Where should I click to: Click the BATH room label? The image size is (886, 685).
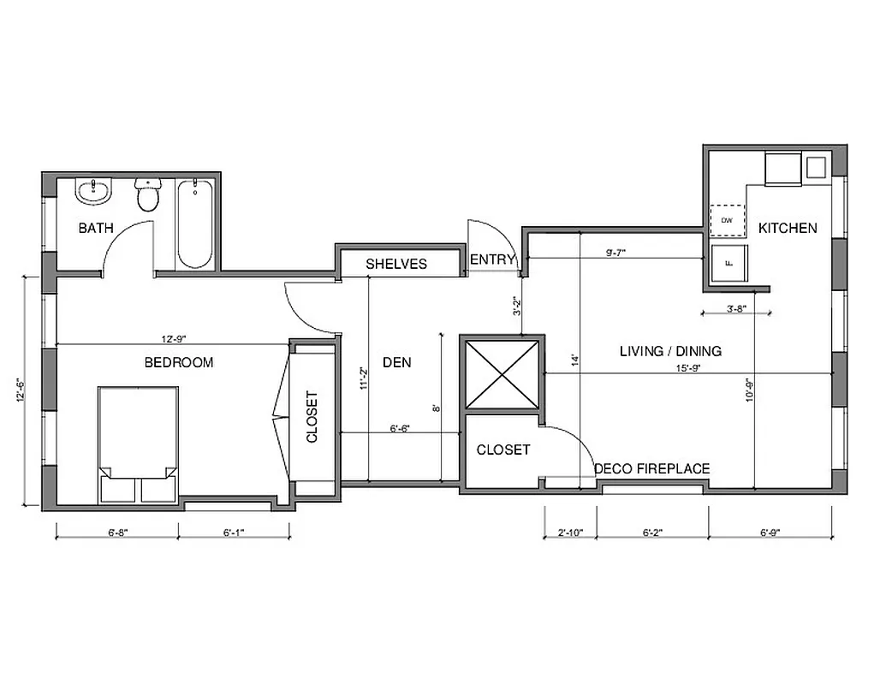95,228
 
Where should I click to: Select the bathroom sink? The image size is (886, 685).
93,192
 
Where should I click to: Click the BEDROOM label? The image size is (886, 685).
178,362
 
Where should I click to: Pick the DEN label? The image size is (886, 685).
396,362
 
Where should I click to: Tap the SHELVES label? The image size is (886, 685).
396,264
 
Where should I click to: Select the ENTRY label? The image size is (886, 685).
493,260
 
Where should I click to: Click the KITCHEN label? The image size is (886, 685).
788,228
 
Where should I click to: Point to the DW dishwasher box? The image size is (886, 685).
728,221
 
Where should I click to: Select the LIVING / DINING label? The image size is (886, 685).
670,351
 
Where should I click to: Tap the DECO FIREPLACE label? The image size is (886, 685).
652,468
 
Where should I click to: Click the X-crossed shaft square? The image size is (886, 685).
501,375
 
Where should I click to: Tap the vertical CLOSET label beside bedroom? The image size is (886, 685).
312,417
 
